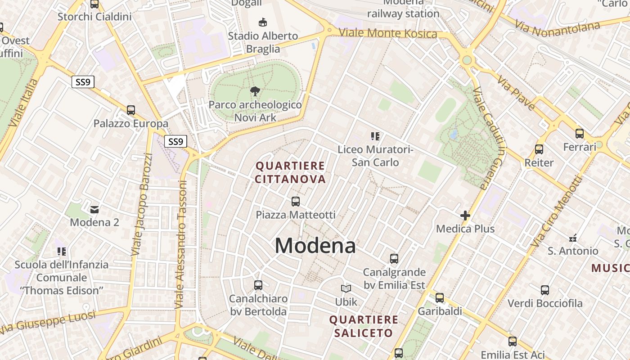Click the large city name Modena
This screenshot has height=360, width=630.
point(315,246)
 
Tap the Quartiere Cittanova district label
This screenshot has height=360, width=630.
point(290,172)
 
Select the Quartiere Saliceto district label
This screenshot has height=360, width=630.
point(364,326)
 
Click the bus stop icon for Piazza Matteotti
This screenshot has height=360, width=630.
point(296,202)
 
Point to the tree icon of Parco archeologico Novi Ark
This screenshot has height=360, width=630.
point(255,92)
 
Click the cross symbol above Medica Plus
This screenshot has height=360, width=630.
point(465,216)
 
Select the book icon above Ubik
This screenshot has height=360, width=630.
point(346,288)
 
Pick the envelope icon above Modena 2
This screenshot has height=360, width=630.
point(94,209)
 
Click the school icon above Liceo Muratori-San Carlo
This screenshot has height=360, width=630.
point(375,136)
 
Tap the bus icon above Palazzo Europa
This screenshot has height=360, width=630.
point(131,110)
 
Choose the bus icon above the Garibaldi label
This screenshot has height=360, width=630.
point(440,298)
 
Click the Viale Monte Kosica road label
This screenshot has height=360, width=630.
point(387,33)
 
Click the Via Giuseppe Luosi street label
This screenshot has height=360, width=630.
point(49,323)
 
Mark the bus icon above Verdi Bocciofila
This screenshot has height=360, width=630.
point(545,290)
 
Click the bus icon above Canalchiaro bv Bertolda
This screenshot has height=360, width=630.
point(258,285)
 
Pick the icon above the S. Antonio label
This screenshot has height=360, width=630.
point(573,238)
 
